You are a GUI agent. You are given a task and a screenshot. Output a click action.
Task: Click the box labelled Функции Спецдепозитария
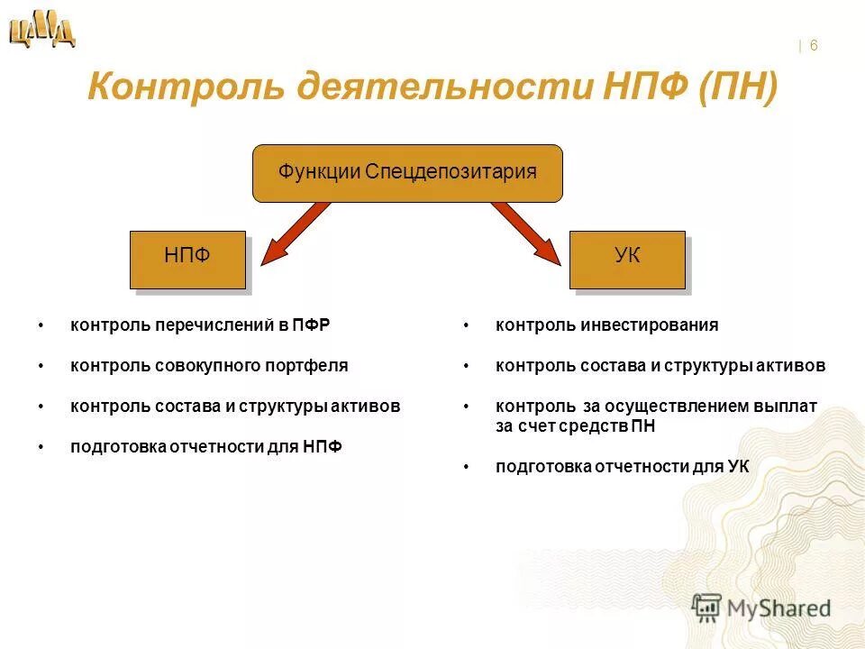pos(407,172)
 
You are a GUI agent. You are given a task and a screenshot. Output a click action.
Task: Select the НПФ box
pos(187,259)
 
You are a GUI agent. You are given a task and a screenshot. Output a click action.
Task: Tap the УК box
pos(627,259)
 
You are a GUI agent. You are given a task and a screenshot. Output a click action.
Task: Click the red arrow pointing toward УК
pos(528,233)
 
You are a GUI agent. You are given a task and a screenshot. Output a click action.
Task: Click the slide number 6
pos(814,46)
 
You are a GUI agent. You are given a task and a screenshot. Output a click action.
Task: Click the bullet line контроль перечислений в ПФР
pos(200,324)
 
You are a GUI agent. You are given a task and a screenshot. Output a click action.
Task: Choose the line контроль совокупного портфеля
pos(209,366)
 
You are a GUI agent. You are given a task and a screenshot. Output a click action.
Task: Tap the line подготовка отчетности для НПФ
pos(206,447)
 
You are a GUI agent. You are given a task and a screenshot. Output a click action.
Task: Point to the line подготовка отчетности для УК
pos(622,466)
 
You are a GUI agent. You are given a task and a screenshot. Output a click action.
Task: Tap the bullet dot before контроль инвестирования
pos(467,324)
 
